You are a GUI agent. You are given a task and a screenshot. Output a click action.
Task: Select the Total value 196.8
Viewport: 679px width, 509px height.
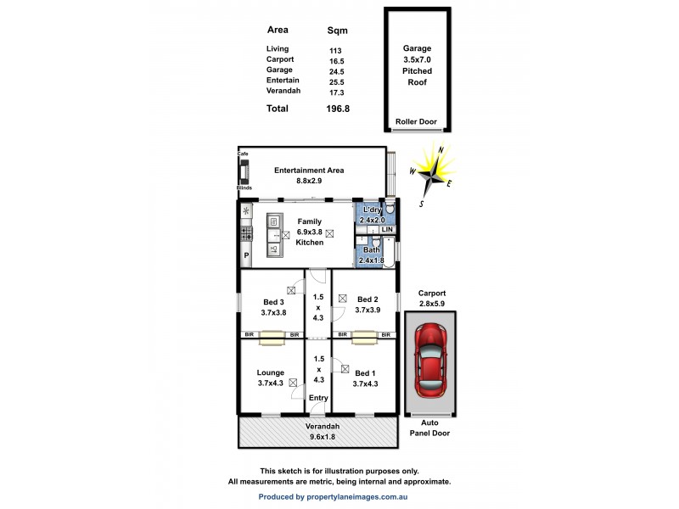point(339,109)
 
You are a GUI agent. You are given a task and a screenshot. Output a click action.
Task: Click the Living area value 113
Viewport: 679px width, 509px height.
point(335,50)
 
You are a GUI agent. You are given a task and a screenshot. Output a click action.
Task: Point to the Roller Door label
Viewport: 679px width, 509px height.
point(416,122)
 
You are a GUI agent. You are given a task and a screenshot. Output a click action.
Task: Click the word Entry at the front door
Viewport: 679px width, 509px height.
point(318,398)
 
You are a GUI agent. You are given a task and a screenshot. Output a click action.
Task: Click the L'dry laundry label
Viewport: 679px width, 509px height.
point(371,210)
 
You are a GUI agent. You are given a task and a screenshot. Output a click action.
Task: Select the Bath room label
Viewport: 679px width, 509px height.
point(371,250)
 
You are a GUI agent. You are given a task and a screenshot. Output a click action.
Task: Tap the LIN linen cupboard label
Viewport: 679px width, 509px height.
point(387,230)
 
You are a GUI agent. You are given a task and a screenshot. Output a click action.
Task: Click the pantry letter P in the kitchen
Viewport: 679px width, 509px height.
point(247,255)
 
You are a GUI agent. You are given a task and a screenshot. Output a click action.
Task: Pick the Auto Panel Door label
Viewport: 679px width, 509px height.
point(431,428)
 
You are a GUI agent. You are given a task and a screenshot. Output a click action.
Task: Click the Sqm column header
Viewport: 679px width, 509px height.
point(337,30)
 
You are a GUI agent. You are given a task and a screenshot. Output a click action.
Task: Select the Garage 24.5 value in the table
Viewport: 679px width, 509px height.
point(336,72)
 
